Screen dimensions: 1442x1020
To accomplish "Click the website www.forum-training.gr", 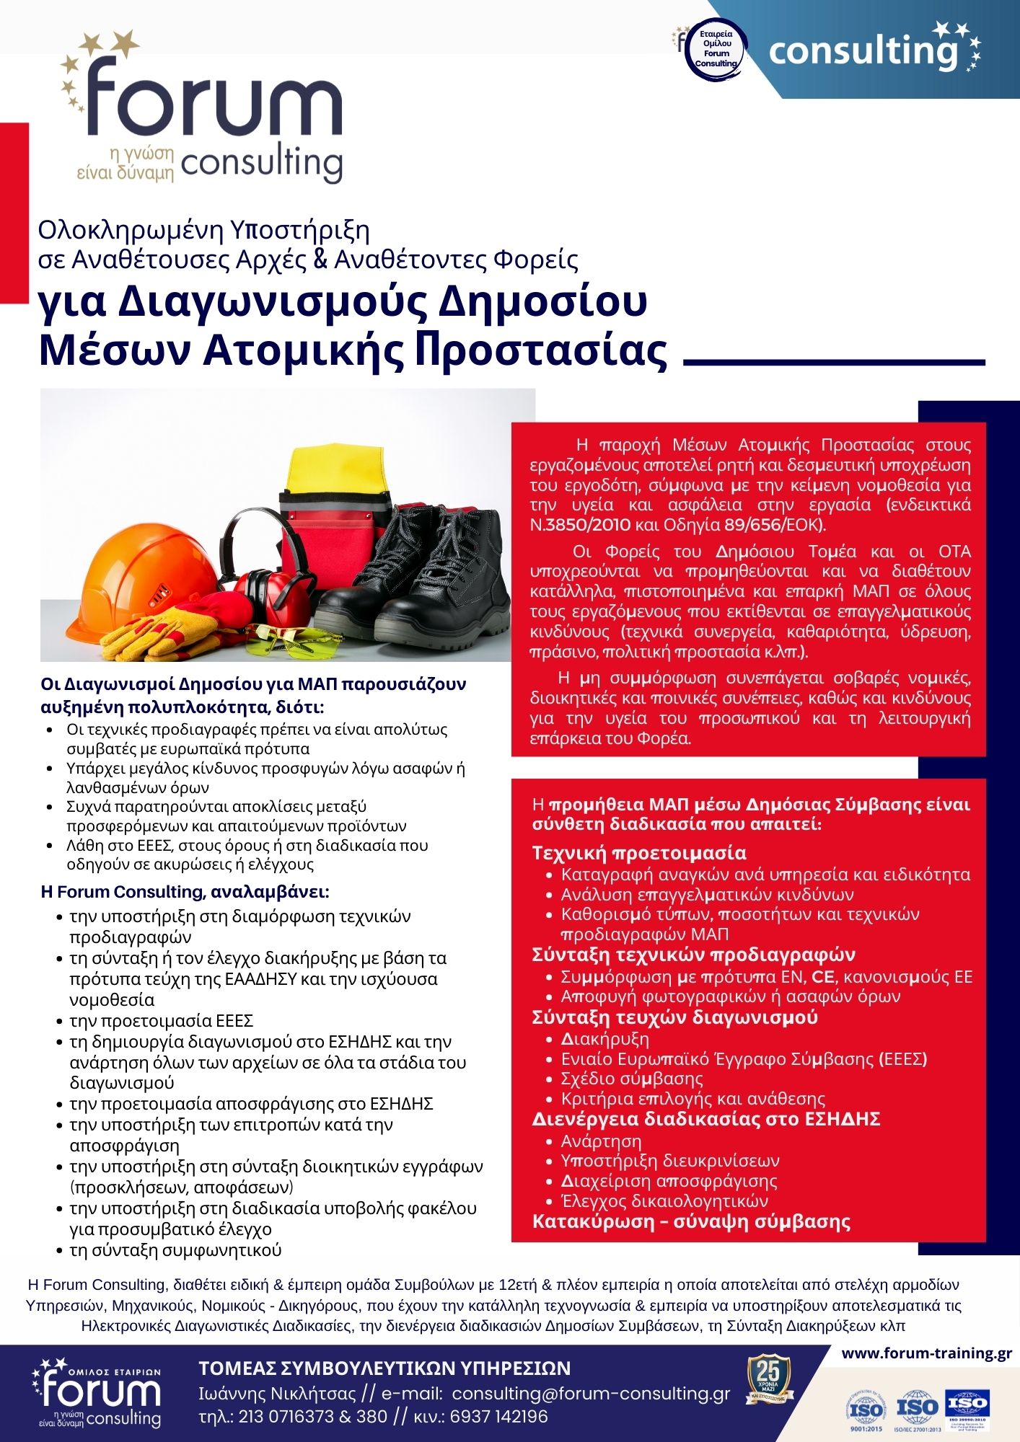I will pos(926,1353).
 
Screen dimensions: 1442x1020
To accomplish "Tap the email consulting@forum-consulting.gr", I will pos(591,1394).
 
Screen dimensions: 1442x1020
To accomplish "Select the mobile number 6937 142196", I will pos(498,1417).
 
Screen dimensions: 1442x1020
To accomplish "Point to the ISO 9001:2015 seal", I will pos(866,1411).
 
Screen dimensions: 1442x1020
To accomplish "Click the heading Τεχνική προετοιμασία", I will pos(639,853).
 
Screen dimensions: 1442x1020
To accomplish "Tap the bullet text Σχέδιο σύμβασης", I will pos(632,1079).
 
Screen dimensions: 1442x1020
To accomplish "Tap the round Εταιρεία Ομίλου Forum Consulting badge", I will pos(716,48).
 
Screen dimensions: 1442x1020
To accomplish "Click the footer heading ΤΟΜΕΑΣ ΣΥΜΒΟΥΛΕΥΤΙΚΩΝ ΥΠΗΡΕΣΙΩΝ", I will pos(384,1368).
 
